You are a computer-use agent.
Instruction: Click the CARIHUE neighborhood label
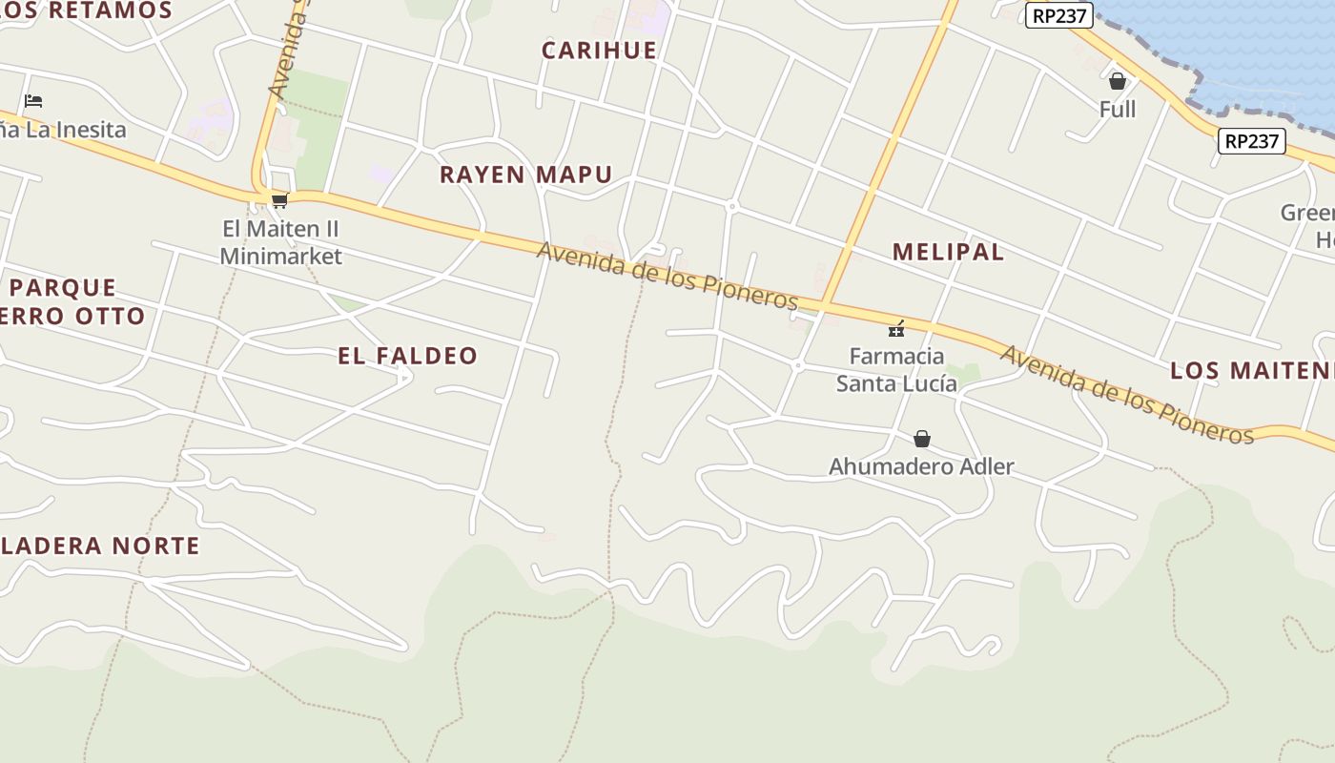pos(599,51)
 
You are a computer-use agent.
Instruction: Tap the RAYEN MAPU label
pos(525,175)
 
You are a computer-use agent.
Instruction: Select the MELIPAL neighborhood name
pos(948,252)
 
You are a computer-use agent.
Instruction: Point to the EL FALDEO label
pos(407,356)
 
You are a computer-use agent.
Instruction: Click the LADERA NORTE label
pos(100,546)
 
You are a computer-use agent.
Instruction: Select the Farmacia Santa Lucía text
pos(896,370)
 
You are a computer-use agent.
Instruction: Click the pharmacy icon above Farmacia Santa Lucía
pos(896,329)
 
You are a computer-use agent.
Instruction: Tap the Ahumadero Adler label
pos(921,466)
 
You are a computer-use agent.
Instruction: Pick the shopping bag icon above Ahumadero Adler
pos(921,439)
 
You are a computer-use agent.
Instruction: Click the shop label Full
pos(1117,110)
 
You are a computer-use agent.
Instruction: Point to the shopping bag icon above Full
pos(1117,81)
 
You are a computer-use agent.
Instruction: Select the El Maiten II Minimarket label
pos(280,242)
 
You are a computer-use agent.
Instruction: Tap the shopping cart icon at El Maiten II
pos(279,200)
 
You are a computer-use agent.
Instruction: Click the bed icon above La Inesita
pos(33,100)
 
